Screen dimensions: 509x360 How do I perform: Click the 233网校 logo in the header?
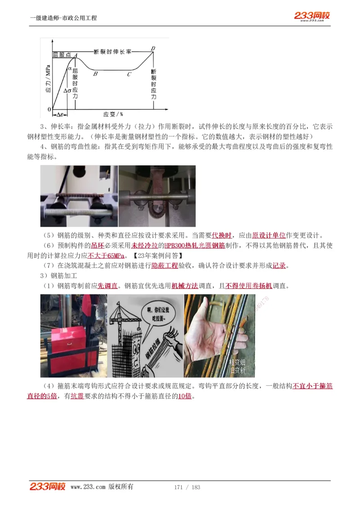click(312, 16)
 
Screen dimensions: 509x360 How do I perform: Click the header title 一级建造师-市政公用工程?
click(63, 18)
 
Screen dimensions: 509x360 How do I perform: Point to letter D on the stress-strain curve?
click(153, 48)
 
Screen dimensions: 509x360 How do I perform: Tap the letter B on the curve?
click(95, 74)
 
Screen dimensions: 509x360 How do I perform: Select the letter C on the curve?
click(129, 74)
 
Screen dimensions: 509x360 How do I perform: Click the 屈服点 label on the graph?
click(62, 55)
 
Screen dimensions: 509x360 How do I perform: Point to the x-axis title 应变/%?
click(113, 114)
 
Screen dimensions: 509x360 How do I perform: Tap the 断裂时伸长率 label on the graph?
click(112, 52)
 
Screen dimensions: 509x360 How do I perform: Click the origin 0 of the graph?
click(49, 109)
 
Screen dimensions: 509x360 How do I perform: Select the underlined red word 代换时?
click(222, 235)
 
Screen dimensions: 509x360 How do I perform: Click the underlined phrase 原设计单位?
click(269, 235)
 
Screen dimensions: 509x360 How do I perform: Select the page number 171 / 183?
click(187, 487)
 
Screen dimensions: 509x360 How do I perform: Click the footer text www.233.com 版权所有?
click(102, 487)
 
